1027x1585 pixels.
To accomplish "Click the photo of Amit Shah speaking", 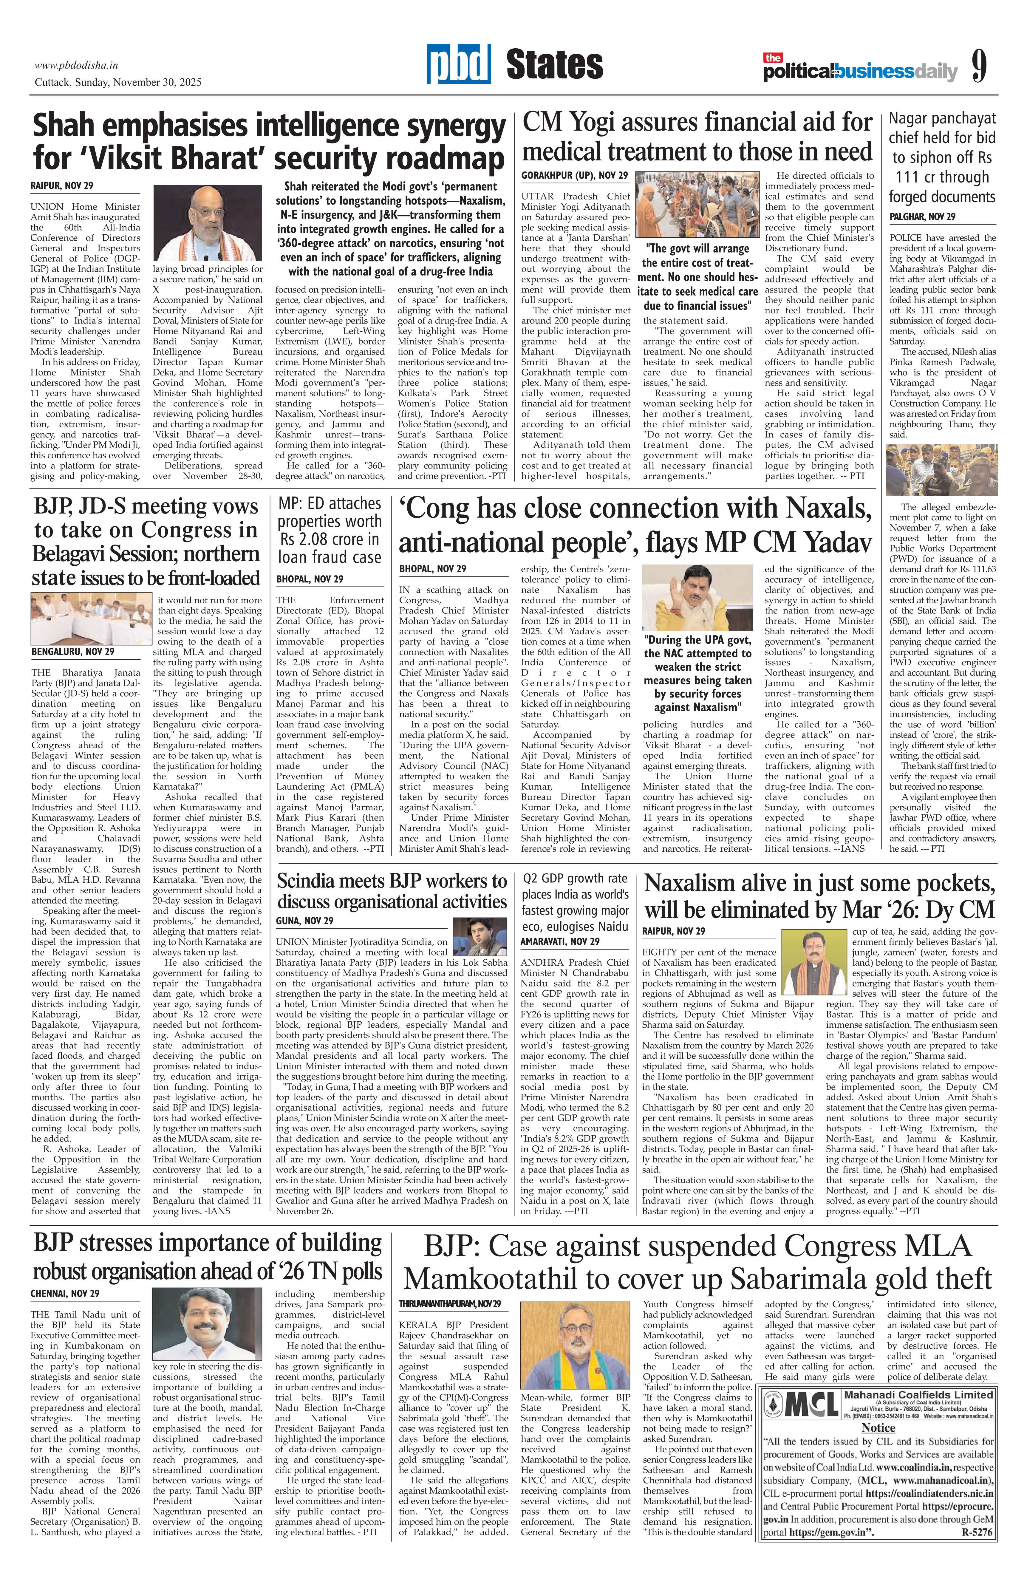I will coord(208,223).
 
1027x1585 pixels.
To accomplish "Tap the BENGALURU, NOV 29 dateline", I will coord(72,651).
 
